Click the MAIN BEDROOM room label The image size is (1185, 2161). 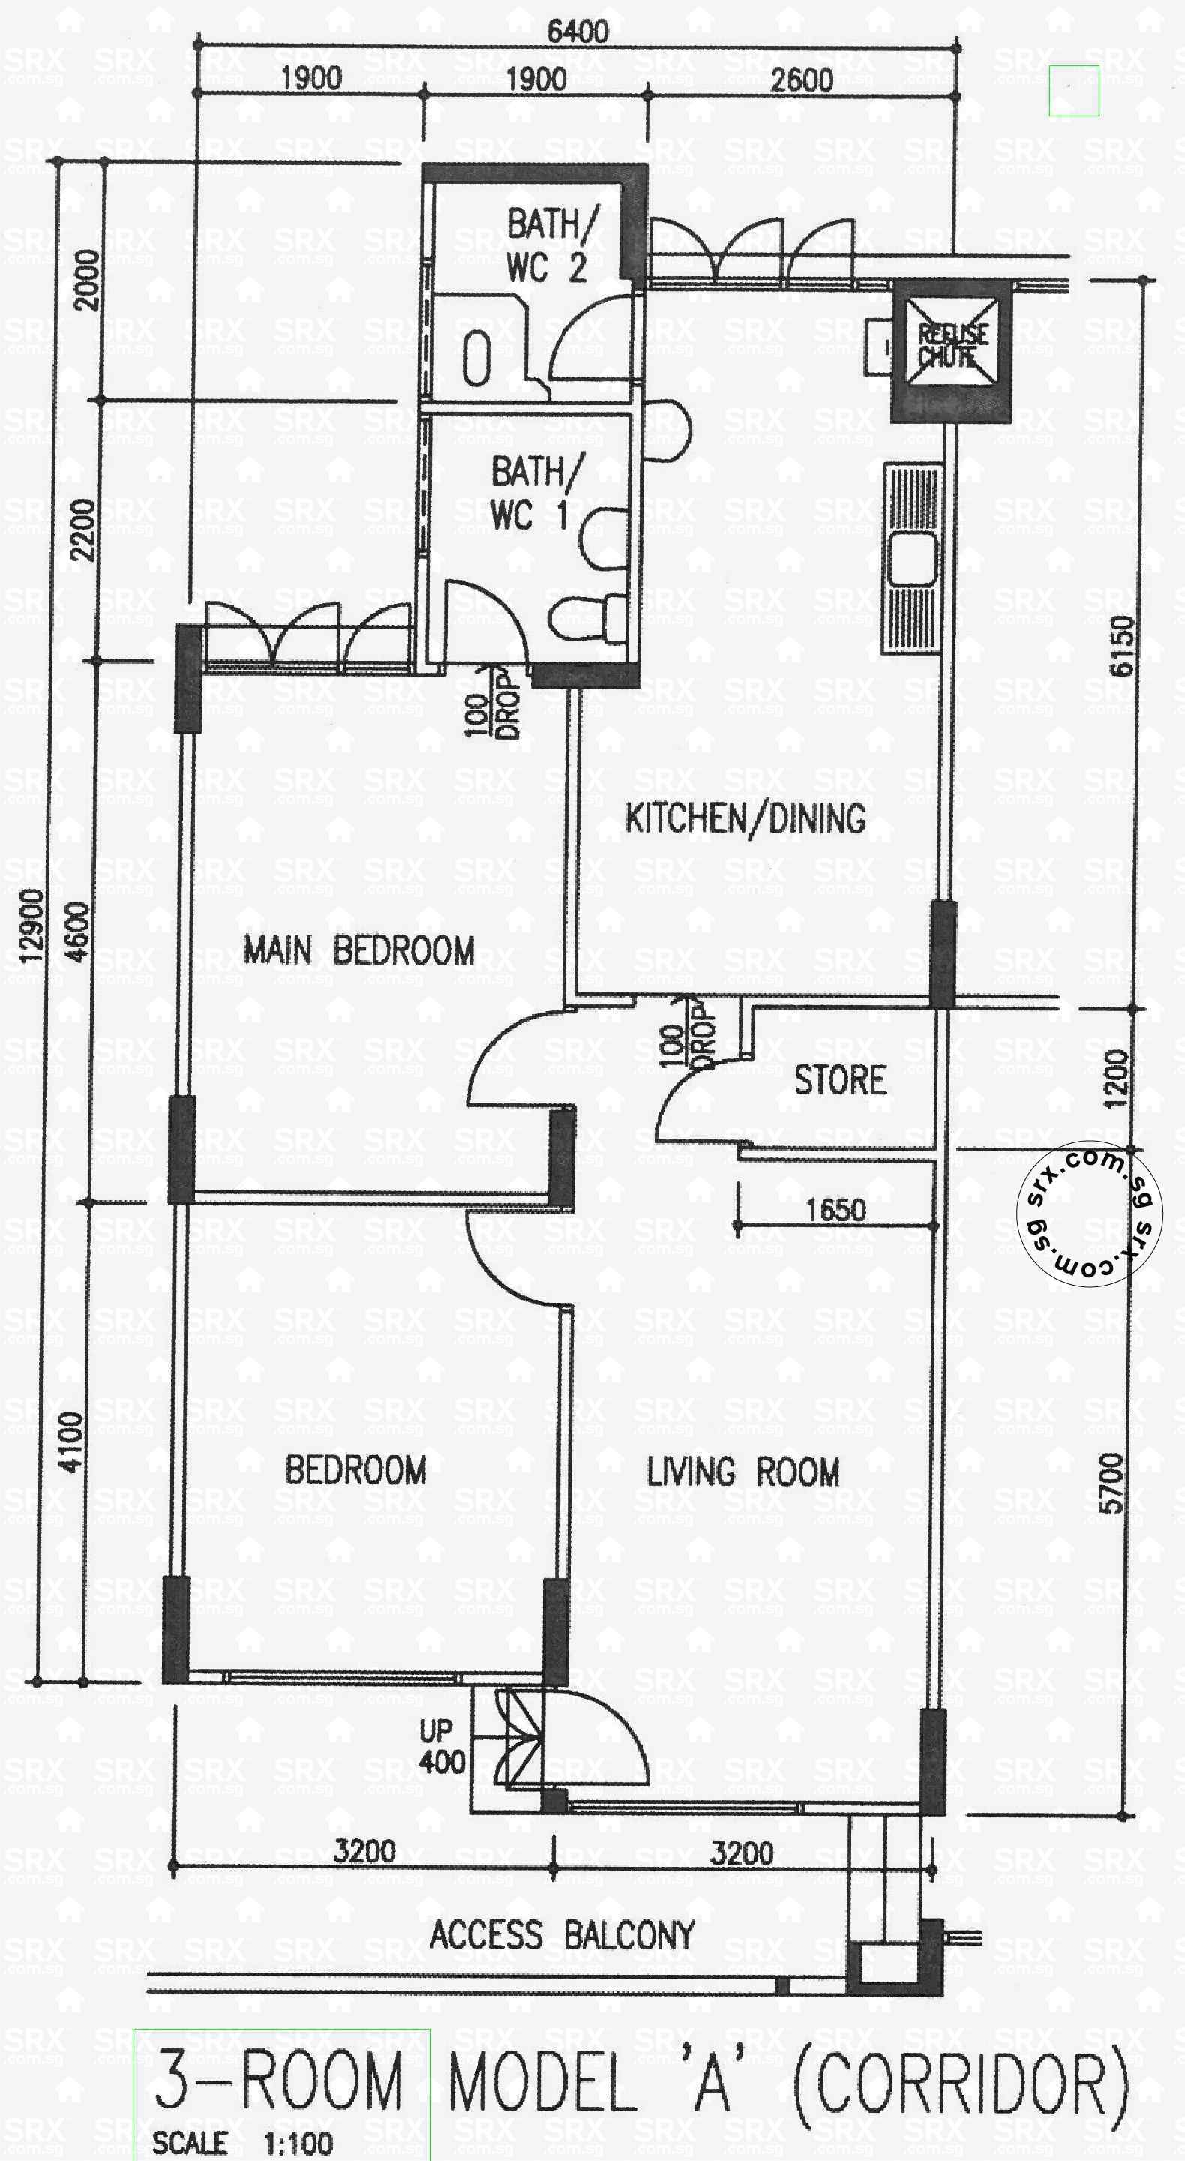click(359, 950)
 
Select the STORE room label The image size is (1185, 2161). click(840, 1080)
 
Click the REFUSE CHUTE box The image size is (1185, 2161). click(952, 347)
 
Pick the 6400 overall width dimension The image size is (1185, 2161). click(577, 32)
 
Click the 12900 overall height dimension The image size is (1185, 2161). click(31, 926)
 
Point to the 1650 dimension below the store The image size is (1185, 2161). click(835, 1210)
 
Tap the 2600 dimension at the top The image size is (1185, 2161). click(802, 80)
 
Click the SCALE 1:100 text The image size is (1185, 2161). click(242, 2144)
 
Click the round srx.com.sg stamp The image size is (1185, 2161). click(1088, 1212)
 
